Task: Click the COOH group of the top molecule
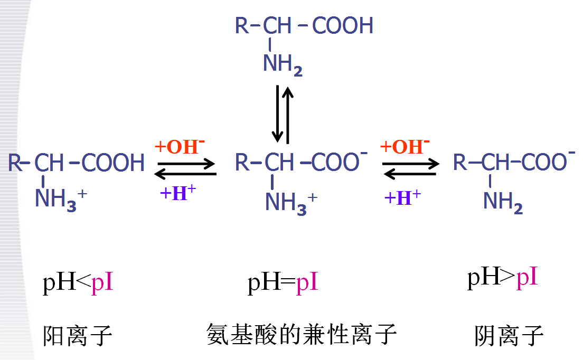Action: [343, 25]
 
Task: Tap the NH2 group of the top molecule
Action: [283, 64]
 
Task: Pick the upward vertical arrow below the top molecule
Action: [288, 113]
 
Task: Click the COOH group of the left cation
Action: [113, 163]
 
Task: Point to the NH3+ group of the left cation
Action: [60, 200]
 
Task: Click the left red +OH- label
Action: [180, 146]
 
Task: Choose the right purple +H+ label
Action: [402, 198]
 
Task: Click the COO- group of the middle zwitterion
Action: [339, 162]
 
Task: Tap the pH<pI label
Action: [78, 283]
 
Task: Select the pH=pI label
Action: [283, 283]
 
